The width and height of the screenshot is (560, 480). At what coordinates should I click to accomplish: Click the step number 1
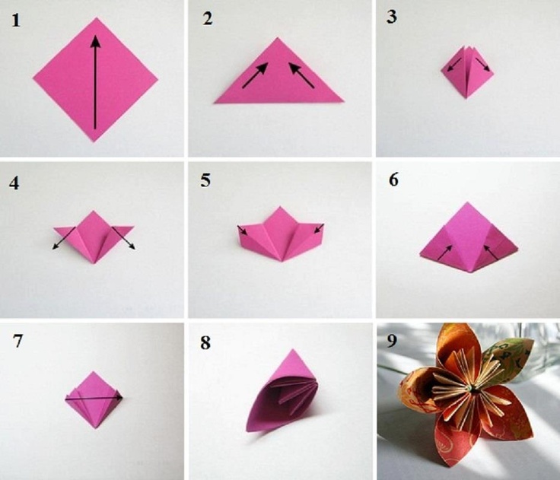point(16,21)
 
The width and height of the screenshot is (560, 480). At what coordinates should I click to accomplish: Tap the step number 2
point(208,18)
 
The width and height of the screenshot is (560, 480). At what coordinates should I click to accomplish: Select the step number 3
point(392,17)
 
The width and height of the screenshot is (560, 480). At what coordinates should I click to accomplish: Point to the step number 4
point(14,183)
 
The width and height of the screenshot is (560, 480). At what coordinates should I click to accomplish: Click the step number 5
point(205,180)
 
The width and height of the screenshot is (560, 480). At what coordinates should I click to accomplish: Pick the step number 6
point(393,180)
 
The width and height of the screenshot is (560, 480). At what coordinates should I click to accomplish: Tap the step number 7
point(17,341)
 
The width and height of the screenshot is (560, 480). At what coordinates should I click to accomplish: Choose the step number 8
point(205,342)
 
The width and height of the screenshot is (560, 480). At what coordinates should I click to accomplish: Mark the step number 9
point(392,341)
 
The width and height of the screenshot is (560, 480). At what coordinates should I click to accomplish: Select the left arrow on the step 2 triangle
point(255,75)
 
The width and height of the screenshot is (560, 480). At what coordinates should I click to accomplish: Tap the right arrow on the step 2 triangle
point(301,75)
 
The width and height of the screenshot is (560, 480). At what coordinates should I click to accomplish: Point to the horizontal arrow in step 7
point(94,398)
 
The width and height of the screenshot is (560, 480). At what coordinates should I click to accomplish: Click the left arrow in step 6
point(445,252)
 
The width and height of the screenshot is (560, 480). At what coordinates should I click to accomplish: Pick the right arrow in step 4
point(123,238)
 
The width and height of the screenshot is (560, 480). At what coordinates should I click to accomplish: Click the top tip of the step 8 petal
point(293,350)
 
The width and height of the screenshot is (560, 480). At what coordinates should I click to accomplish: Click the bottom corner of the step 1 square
point(94,141)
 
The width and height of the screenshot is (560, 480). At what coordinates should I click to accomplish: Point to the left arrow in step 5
point(243,230)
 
